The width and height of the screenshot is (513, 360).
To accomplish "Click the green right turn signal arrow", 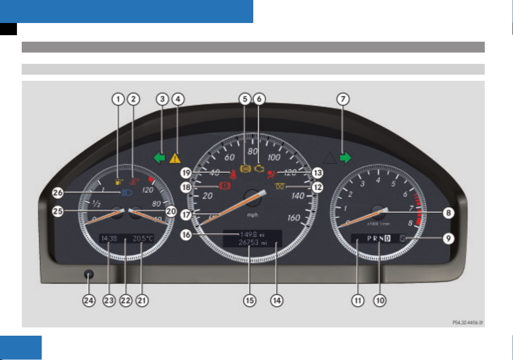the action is tap(345, 158).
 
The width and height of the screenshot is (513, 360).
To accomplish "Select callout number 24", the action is tap(89, 300).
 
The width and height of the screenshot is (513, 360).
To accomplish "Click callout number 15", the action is tap(250, 300).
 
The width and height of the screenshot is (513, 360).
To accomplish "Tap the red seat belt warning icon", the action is tap(234, 175).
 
